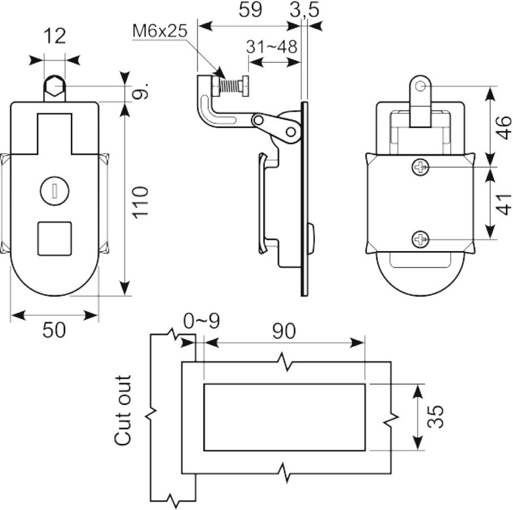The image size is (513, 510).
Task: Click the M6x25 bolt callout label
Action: click(x=160, y=31)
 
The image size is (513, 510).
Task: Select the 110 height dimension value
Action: click(x=140, y=201)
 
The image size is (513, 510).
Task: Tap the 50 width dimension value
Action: click(x=54, y=329)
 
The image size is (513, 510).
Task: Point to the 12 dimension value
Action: click(x=54, y=36)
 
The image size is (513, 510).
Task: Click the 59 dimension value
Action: click(x=250, y=10)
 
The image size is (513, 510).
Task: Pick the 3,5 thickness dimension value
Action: click(x=304, y=10)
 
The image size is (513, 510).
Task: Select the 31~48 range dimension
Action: click(x=272, y=47)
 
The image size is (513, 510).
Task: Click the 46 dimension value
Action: click(x=503, y=127)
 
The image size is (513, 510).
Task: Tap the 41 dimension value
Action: click(x=503, y=205)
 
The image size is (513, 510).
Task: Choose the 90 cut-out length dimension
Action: click(x=284, y=331)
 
